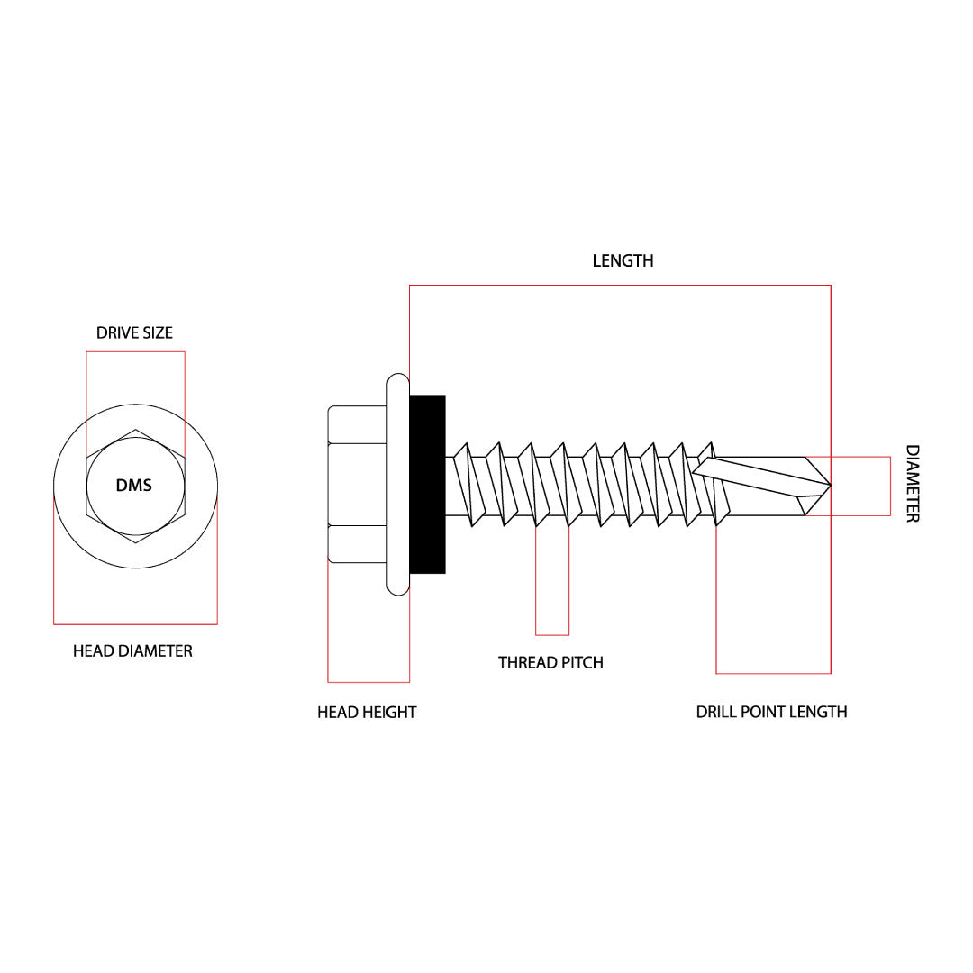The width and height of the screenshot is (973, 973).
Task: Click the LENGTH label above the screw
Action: [x=623, y=260]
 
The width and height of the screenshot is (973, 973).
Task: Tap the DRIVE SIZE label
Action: [x=134, y=332]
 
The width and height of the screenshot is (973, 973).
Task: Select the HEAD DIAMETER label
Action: [x=132, y=650]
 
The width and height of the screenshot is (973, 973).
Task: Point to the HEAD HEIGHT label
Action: [x=367, y=712]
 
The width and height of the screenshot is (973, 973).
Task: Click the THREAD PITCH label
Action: [x=550, y=662]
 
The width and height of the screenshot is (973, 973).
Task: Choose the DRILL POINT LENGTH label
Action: [x=771, y=712]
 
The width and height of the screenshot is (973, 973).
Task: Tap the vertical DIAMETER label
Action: [x=912, y=484]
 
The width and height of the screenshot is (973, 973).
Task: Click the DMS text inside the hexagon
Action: [x=134, y=486]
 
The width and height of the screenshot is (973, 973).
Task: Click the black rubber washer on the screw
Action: [x=427, y=484]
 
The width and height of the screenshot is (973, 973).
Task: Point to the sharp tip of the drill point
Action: [x=829, y=486]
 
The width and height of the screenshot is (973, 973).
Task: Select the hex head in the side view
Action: [x=358, y=484]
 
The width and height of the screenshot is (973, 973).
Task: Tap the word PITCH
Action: [x=582, y=662]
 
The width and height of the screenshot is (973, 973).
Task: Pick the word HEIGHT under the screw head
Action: [x=390, y=712]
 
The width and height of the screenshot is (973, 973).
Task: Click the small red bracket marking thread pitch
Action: [x=552, y=634]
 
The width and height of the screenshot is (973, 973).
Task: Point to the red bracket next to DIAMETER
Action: [x=889, y=486]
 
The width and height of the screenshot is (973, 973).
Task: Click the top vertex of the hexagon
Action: [x=135, y=430]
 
